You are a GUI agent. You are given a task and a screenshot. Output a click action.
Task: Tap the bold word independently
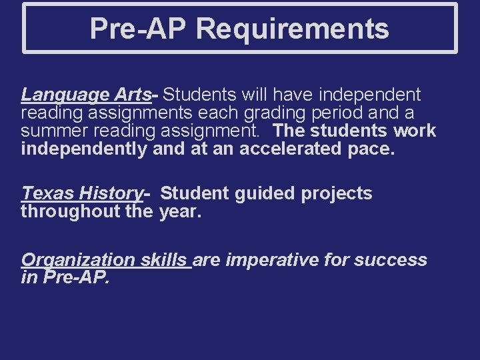click(83, 149)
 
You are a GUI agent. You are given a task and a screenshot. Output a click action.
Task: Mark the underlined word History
click(110, 193)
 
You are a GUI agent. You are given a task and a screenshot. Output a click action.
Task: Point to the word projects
click(337, 193)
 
